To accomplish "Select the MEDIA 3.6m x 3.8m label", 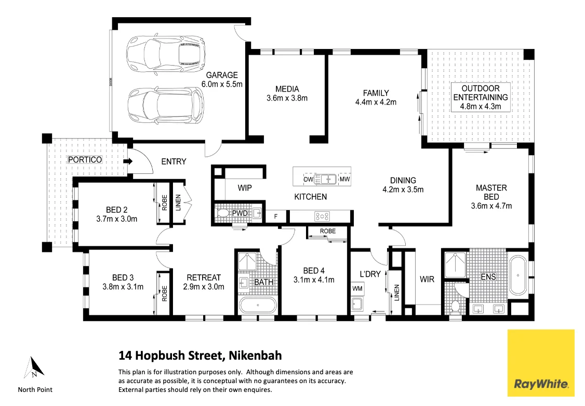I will [x=287, y=93].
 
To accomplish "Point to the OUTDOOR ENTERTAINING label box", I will [x=481, y=97].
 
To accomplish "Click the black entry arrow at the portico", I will [x=127, y=161].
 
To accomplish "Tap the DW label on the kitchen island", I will [x=308, y=180].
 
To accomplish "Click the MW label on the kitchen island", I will [x=344, y=180].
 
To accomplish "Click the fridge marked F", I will [x=275, y=216].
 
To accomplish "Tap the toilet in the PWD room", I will [x=223, y=213].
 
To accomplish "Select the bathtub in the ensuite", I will [x=518, y=275].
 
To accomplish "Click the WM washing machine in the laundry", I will [x=357, y=288].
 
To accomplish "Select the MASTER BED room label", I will [x=491, y=197].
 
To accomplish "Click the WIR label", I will [x=427, y=280].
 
